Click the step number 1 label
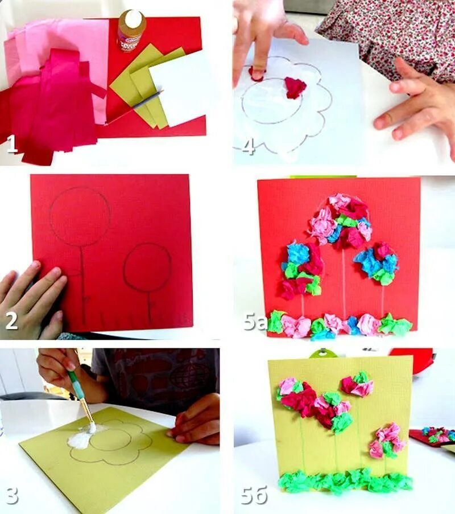click(12, 145)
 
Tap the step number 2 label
click(12, 320)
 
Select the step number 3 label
click(12, 495)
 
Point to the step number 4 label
click(248, 146)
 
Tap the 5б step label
click(254, 495)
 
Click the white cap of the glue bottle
click(134, 16)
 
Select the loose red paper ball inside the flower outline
click(295, 88)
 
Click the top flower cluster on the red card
click(341, 220)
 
